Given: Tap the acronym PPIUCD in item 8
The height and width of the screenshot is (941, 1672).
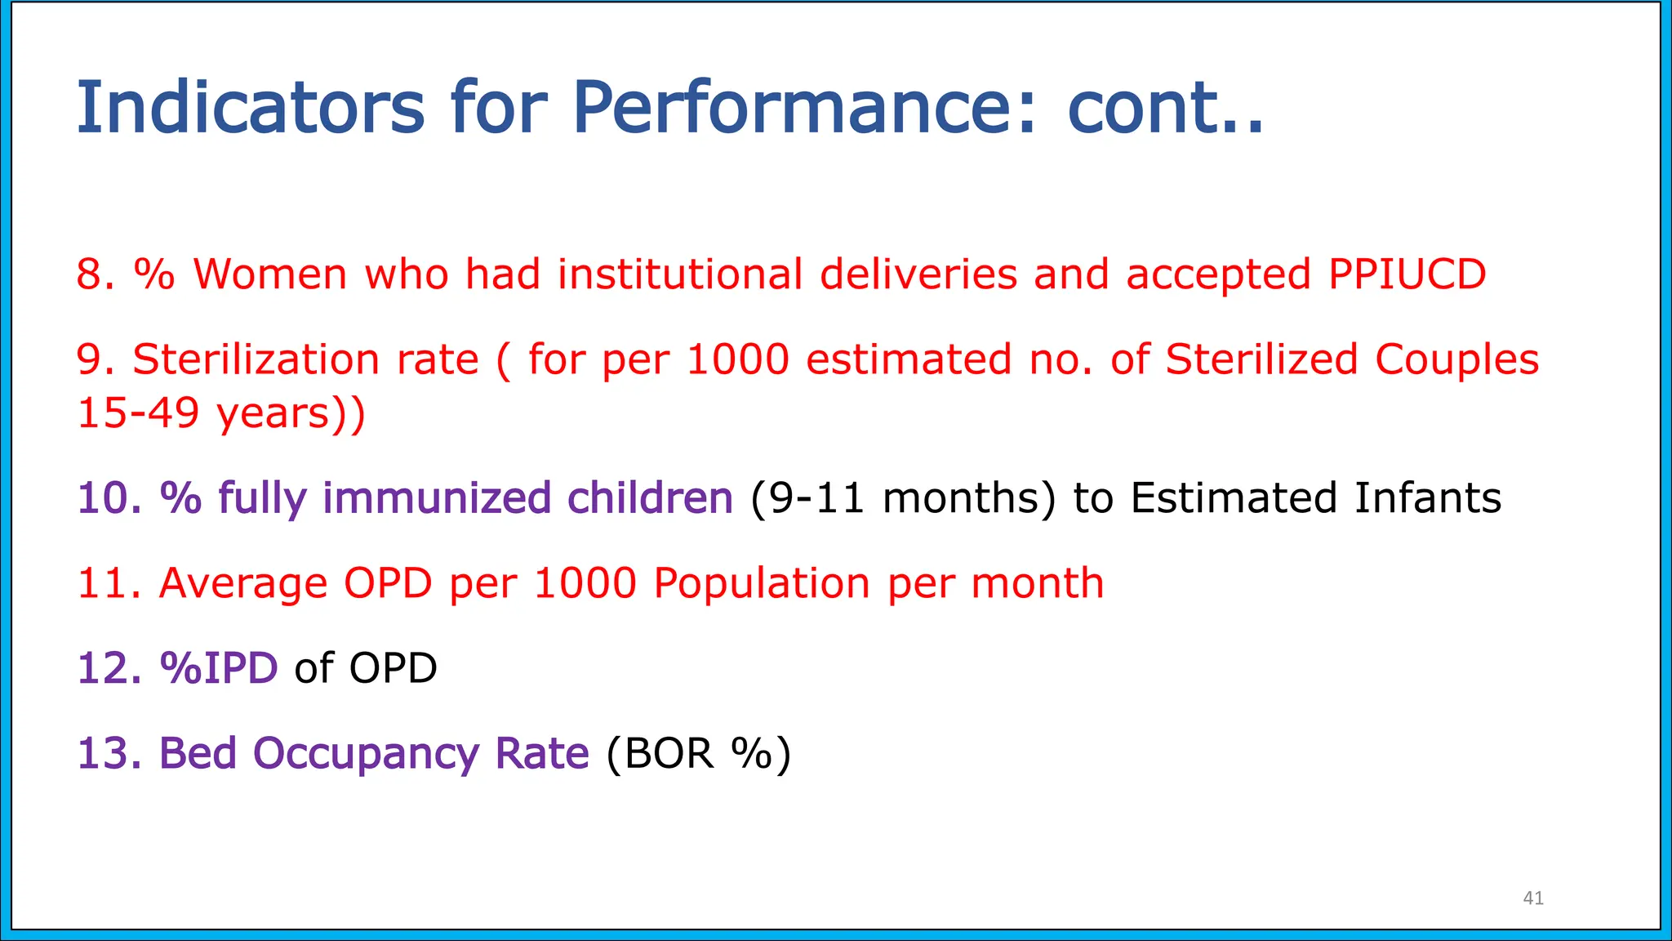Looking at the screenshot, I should (1407, 274).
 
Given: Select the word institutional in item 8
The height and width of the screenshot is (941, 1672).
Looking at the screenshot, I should (680, 274).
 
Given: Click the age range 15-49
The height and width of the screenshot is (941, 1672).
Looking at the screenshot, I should (138, 413).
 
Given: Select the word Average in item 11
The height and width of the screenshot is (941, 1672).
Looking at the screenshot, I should (242, 583).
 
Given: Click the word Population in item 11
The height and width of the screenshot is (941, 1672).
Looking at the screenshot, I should (761, 583).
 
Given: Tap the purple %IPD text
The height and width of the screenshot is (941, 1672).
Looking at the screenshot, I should (219, 668).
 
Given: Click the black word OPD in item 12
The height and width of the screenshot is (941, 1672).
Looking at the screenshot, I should (393, 668).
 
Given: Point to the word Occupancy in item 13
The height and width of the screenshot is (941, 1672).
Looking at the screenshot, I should (366, 753).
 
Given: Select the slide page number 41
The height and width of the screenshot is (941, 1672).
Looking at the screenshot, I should (1533, 899).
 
